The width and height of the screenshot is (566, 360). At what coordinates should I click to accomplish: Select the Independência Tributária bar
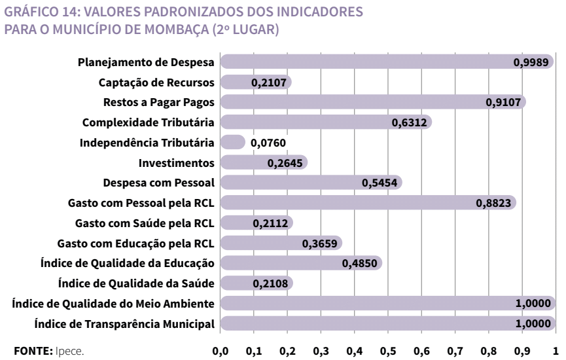pos(232,142)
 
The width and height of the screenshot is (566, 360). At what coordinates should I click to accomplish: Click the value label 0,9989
pos(531,62)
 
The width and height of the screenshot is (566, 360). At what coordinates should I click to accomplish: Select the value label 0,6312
pos(410,122)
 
